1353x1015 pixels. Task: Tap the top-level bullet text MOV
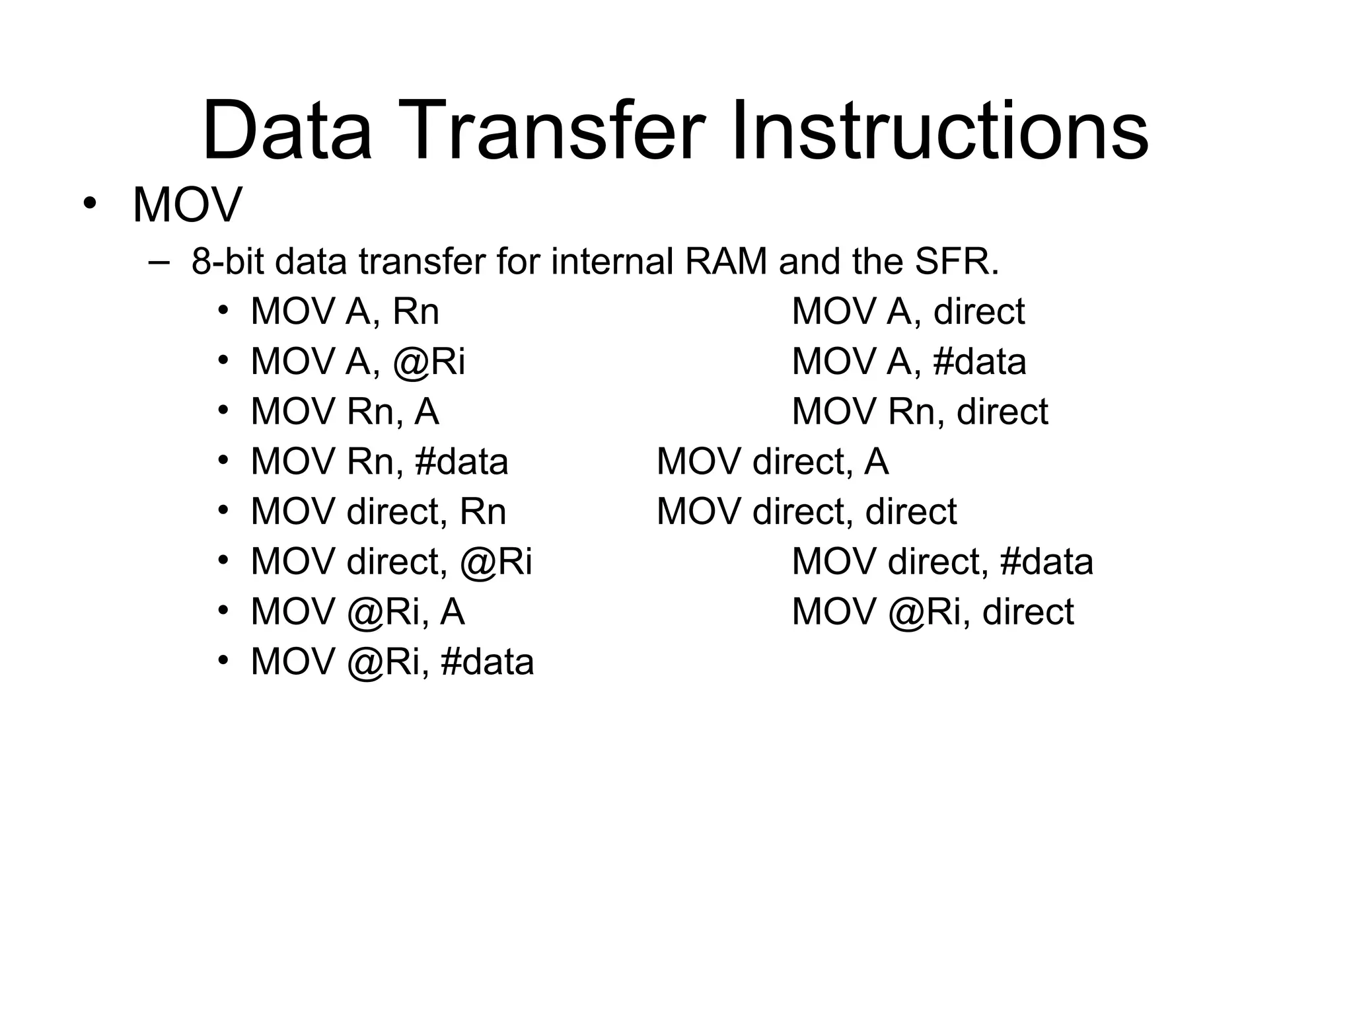point(188,205)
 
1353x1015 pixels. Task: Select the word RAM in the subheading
point(725,262)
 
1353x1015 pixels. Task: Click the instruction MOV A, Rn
point(345,311)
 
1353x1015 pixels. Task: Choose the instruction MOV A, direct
point(908,311)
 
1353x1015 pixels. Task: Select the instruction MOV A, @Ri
point(358,361)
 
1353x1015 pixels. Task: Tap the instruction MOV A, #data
point(908,361)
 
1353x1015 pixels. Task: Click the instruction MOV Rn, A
point(345,411)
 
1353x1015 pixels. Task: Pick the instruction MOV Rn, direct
point(920,411)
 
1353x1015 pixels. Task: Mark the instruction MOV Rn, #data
point(379,461)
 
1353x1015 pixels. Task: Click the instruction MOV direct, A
point(772,461)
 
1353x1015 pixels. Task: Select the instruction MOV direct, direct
point(806,511)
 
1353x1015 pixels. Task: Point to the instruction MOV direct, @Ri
point(391,562)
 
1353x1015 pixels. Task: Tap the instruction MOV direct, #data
point(942,562)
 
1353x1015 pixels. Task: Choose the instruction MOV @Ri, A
point(357,612)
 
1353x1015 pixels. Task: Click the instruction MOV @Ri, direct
point(932,612)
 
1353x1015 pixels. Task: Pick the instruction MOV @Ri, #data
point(392,662)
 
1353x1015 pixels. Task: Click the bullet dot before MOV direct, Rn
point(223,509)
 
